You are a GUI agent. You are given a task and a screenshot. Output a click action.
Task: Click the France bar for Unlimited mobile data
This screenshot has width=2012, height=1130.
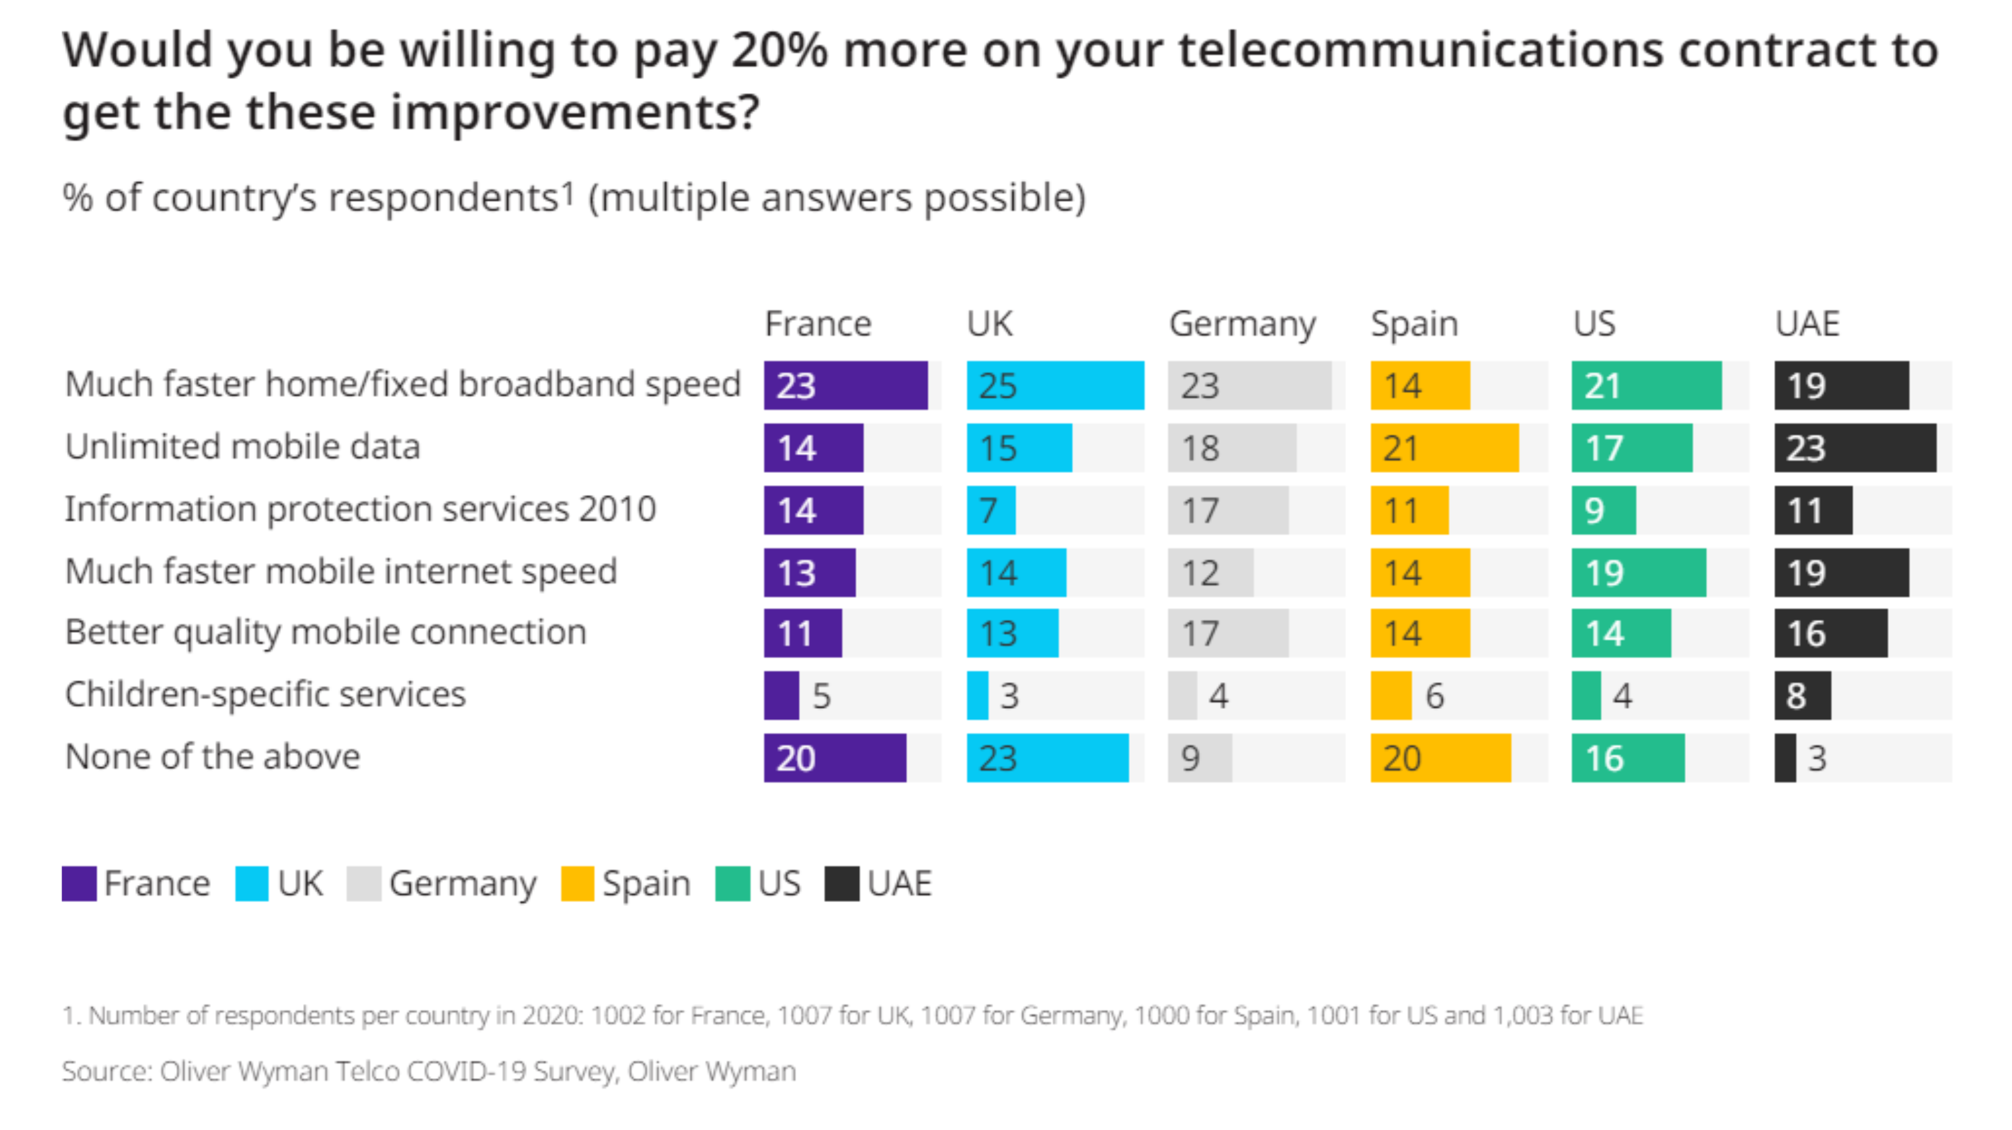click(813, 447)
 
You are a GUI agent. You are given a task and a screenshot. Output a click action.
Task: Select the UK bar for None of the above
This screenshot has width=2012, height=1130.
click(1047, 758)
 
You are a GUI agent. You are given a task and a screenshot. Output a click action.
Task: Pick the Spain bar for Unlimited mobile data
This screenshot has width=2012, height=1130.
click(1444, 447)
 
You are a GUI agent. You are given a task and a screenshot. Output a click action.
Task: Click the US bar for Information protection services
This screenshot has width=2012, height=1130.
click(1604, 510)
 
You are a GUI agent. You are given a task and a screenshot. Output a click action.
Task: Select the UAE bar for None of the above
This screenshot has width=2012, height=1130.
click(1785, 758)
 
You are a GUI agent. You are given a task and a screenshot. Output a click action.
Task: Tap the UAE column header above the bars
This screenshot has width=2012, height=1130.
click(1807, 323)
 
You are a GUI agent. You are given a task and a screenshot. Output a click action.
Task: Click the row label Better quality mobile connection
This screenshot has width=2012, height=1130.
click(326, 632)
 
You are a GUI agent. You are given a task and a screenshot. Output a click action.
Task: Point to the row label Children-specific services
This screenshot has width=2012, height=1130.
click(266, 694)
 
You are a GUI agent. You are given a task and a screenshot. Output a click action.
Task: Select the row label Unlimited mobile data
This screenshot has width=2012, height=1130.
click(243, 447)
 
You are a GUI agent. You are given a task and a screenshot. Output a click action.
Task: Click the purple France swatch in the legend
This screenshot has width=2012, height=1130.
click(79, 883)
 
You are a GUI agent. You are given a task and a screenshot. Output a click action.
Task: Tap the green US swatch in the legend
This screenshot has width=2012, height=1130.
click(732, 883)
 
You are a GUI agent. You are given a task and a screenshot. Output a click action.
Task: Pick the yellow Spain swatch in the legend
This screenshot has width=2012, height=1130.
click(577, 883)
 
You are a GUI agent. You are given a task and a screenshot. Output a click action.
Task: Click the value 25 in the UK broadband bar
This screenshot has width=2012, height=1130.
click(997, 386)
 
